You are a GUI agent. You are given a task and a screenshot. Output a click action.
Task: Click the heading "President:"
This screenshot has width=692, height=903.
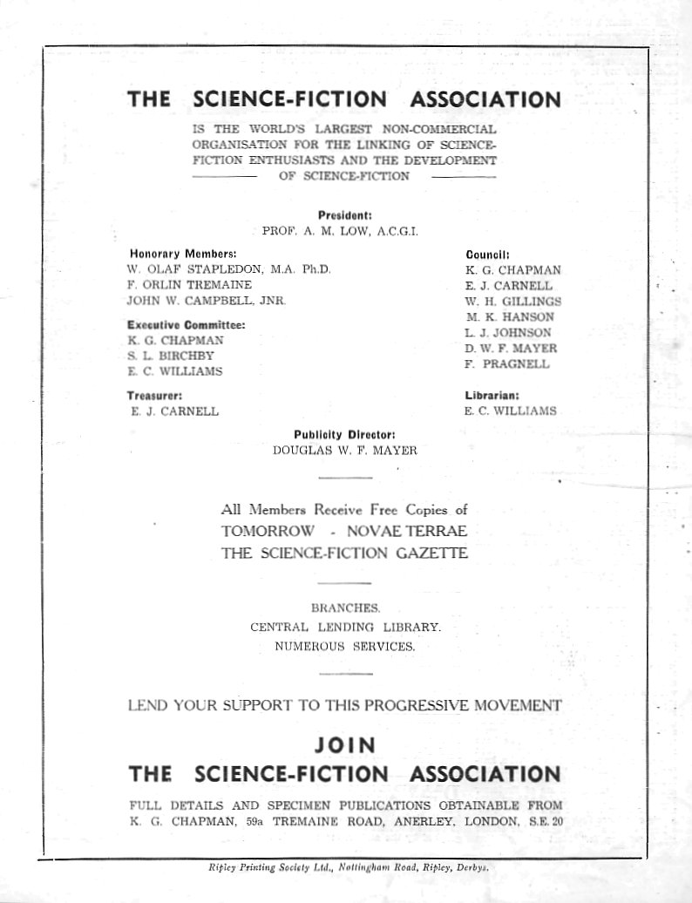[x=345, y=214]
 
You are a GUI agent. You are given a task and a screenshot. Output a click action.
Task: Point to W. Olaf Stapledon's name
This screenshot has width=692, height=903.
[x=229, y=269]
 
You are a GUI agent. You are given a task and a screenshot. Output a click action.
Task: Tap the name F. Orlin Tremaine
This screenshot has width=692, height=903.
[x=189, y=285]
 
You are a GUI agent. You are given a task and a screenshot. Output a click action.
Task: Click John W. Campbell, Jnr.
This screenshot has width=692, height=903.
[x=207, y=301]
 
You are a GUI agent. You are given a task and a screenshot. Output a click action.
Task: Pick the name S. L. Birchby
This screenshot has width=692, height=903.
[x=172, y=356]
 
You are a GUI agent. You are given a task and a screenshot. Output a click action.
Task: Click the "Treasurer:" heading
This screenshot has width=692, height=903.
[x=154, y=394]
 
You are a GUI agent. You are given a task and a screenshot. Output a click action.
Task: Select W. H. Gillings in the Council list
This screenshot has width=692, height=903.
[x=513, y=301]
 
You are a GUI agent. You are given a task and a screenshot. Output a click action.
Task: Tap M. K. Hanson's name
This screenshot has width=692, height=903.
[x=510, y=316]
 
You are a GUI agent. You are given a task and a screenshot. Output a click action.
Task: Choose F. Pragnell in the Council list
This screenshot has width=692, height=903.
[x=507, y=364]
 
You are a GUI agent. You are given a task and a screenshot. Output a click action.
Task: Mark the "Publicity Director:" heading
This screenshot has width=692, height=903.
[x=345, y=434]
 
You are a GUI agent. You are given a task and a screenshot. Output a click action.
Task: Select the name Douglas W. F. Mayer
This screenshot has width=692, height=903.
[x=345, y=451]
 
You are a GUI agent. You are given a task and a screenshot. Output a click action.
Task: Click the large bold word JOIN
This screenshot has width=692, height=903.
[x=344, y=745]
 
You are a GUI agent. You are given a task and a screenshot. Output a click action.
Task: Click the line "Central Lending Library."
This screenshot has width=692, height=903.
[x=345, y=627]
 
